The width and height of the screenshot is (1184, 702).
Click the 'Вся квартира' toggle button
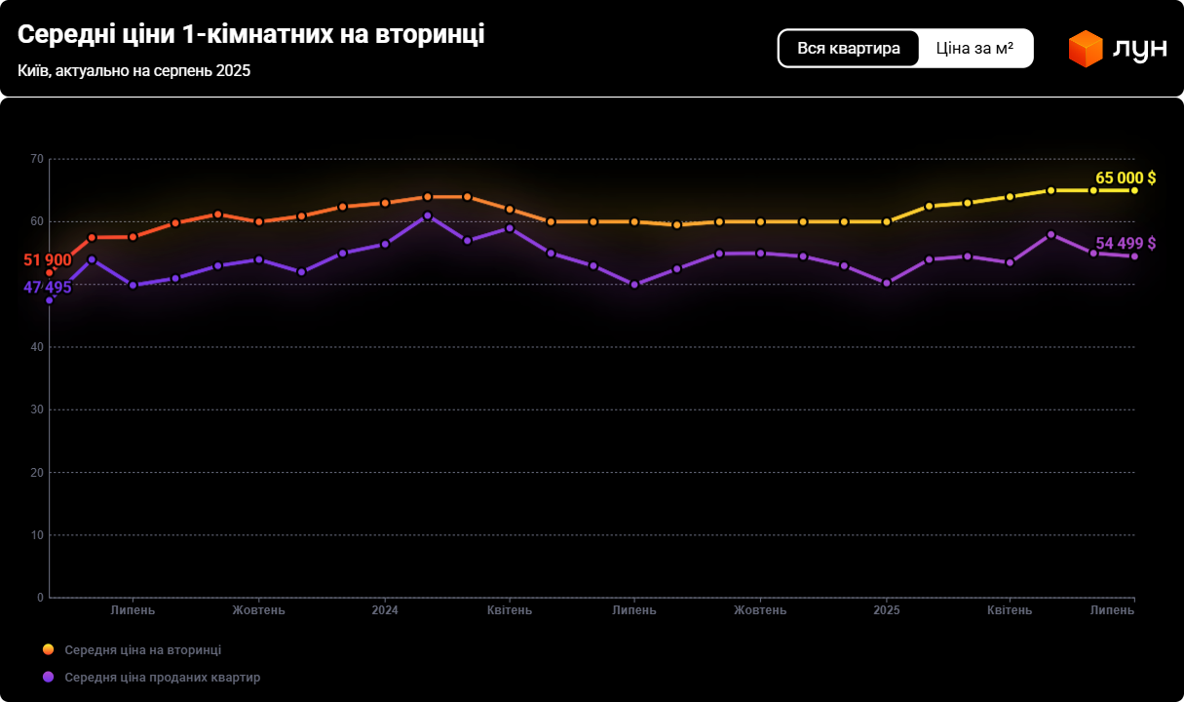(x=848, y=48)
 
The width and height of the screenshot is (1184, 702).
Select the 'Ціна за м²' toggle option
(x=974, y=48)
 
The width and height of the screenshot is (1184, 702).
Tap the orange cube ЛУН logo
(x=1085, y=49)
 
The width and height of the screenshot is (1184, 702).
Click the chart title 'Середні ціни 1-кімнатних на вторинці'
(x=250, y=34)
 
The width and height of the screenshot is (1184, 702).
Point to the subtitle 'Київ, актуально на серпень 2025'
(x=134, y=71)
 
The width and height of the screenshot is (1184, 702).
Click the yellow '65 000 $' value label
(x=1125, y=177)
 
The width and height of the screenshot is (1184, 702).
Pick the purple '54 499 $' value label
(x=1125, y=243)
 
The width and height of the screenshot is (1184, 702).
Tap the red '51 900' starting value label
(x=47, y=259)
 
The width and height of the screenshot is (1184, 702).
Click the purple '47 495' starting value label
(x=47, y=287)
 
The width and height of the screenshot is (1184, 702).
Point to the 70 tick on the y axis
(x=37, y=159)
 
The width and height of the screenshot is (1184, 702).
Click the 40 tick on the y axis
(x=37, y=347)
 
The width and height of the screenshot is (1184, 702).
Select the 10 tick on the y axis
(x=37, y=535)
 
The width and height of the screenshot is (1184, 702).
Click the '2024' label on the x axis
(x=385, y=610)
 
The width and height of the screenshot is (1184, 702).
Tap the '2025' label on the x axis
(x=887, y=610)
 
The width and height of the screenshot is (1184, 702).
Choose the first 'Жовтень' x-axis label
(x=258, y=610)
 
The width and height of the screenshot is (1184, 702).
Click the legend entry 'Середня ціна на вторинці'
(x=142, y=649)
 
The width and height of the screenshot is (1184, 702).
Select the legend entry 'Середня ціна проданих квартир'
(x=162, y=677)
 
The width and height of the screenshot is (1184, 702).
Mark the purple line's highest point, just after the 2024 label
(x=428, y=215)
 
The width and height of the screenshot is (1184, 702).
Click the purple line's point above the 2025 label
(x=887, y=283)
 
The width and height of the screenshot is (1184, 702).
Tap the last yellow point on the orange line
(x=1134, y=190)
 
